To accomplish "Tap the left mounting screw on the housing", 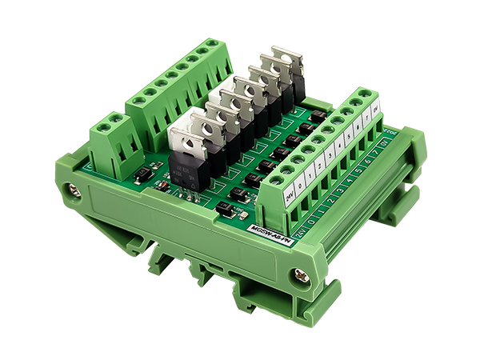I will [x=74, y=191].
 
